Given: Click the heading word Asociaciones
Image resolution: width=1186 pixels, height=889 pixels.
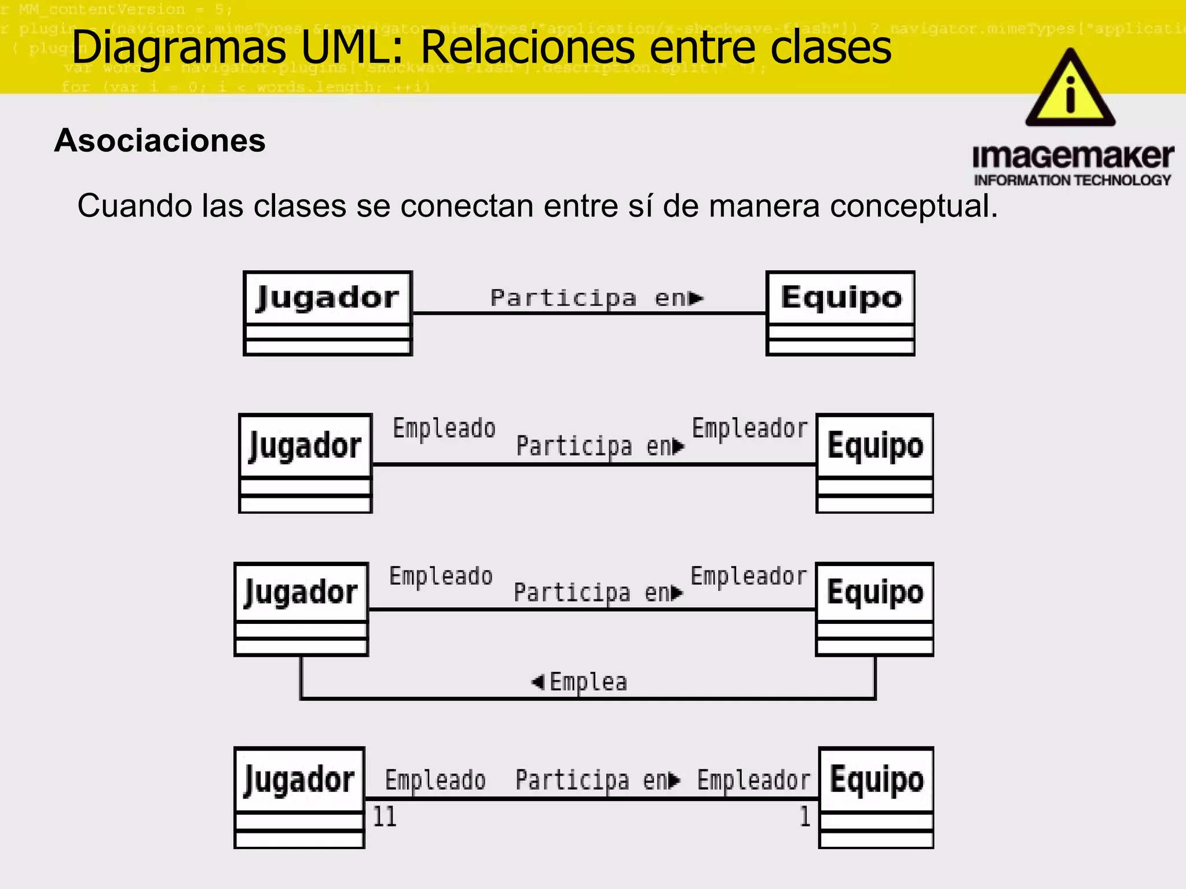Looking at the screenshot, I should [160, 141].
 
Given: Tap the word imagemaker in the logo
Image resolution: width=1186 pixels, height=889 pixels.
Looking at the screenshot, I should [1072, 157].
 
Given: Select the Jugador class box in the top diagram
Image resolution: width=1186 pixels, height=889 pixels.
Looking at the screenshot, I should [328, 313].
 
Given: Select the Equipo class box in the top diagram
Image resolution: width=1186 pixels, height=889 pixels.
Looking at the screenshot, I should [840, 313].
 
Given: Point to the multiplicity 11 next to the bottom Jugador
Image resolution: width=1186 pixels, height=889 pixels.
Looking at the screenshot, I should [385, 817].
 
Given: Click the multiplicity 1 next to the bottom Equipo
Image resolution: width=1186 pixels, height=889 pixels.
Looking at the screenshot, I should [805, 817].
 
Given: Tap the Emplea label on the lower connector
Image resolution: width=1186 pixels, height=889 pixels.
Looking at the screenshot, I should [588, 682].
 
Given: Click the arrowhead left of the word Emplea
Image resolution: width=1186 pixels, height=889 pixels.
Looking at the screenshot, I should [537, 682].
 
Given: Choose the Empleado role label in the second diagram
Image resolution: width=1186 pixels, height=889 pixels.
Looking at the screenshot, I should [444, 429].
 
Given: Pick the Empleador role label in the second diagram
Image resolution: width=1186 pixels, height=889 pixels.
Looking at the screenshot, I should [749, 429].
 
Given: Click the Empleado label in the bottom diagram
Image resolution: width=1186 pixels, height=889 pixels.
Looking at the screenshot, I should [435, 780].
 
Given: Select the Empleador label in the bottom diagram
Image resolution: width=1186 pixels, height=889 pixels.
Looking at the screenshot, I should [753, 780].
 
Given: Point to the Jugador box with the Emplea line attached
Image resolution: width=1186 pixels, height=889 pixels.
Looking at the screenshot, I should [301, 609].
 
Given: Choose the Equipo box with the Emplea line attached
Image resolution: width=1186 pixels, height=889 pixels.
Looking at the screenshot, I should [874, 609].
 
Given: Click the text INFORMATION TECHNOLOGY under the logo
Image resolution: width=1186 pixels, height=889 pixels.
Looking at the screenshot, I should [1072, 181].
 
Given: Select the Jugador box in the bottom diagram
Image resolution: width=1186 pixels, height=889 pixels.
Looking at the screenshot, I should [299, 798].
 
